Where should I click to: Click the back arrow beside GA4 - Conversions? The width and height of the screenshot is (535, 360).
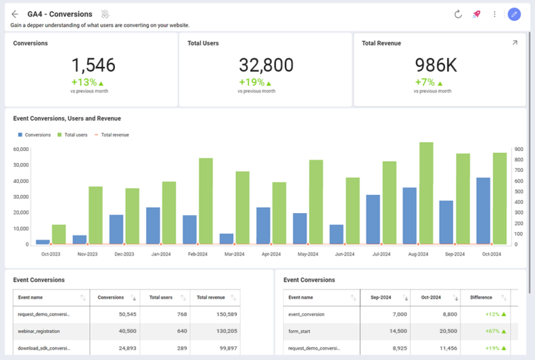15,14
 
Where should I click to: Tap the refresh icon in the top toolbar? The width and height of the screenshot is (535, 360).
458,14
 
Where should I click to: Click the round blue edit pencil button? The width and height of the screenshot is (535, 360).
514,14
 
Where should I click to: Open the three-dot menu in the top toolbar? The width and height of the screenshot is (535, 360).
495,14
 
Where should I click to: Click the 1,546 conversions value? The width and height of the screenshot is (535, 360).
93,65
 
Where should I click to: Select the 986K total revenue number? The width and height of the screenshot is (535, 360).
436,65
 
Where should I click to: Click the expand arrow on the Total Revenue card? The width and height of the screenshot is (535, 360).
515,43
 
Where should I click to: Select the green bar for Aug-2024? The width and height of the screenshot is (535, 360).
426,194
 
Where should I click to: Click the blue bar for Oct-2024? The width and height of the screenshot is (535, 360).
483,211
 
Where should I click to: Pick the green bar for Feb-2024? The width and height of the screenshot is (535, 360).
206,201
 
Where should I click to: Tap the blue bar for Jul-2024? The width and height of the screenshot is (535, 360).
373,219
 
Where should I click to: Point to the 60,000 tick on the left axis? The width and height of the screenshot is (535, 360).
21,149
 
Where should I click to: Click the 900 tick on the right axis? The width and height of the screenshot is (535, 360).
518,149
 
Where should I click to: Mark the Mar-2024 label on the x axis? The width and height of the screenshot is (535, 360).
234,254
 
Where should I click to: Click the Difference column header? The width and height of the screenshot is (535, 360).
481,297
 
